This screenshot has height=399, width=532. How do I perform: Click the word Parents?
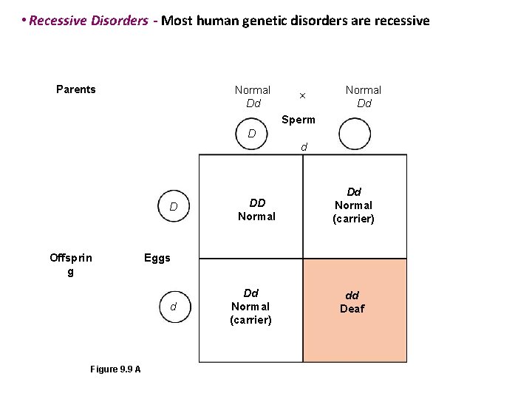pyautogui.click(x=76, y=89)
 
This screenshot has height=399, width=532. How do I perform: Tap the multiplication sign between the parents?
pyautogui.click(x=301, y=96)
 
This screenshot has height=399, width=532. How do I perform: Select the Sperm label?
pyautogui.click(x=299, y=120)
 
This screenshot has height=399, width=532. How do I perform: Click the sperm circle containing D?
pyautogui.click(x=252, y=134)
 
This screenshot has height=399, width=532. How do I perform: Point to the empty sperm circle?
pyautogui.click(x=355, y=136)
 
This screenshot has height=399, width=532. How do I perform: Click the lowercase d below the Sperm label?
pyautogui.click(x=304, y=147)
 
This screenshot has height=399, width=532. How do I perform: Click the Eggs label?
pyautogui.click(x=157, y=258)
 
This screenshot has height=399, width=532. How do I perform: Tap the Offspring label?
pyautogui.click(x=71, y=264)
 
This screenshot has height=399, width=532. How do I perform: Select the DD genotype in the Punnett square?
pyautogui.click(x=257, y=202)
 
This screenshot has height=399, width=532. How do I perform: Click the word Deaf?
pyautogui.click(x=352, y=309)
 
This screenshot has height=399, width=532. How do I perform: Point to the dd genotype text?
pyautogui.click(x=352, y=296)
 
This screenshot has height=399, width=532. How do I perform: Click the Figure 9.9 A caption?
pyautogui.click(x=115, y=369)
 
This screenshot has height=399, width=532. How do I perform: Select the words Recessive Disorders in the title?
pyautogui.click(x=89, y=21)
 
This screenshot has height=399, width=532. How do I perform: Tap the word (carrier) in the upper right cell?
pyautogui.click(x=353, y=219)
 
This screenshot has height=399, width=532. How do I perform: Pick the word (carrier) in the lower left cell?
pyautogui.click(x=250, y=320)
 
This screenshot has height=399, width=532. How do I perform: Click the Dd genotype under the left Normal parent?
pyautogui.click(x=253, y=103)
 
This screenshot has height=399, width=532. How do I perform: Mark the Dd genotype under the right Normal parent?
pyautogui.click(x=364, y=103)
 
